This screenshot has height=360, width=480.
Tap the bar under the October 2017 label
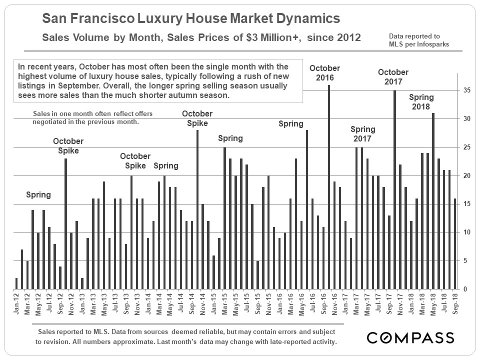coord(394,189)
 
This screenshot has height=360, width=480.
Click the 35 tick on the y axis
coord(466,90)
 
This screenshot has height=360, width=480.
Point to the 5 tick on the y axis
coord(466,261)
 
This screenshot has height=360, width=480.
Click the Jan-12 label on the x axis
coord(16,304)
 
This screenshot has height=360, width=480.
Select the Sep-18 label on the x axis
coord(454,304)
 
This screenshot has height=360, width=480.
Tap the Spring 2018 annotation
coord(421,102)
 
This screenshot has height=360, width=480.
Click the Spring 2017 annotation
coord(363,134)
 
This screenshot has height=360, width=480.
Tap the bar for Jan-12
coord(16,283)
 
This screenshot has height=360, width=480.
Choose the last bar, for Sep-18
coord(454,244)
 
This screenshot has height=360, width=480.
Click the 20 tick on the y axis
coord(466,175)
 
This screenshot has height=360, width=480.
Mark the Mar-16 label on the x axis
coord(290,304)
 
